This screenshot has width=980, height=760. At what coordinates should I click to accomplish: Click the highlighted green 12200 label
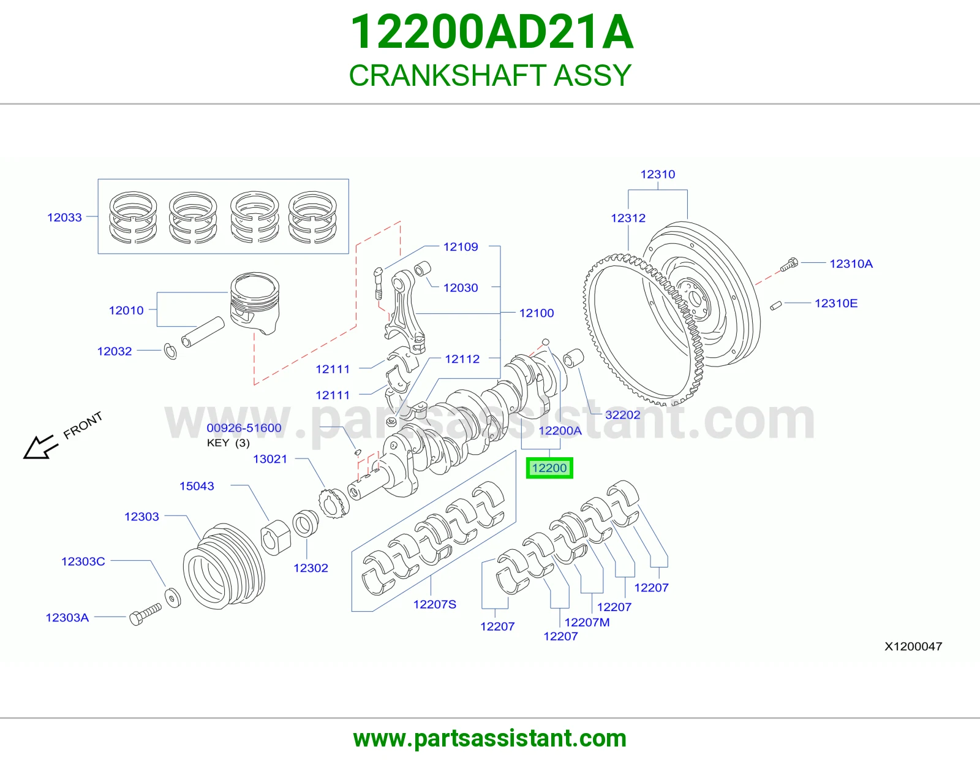coord(549,468)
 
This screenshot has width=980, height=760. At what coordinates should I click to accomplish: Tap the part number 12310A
coord(851,264)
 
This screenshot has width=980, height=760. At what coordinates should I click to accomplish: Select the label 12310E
coord(835,303)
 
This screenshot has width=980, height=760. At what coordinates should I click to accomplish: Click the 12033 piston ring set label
coord(64,218)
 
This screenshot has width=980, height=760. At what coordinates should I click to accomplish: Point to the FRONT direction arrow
coord(40,447)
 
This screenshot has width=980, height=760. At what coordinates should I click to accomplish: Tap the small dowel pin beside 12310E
coord(775,306)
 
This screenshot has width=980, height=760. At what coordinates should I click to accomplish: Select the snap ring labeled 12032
coord(170,351)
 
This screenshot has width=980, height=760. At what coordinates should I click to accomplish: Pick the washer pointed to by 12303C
coord(173,598)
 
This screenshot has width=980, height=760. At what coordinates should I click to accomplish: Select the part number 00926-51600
coord(244,428)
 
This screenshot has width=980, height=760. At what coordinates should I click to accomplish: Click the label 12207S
coord(435,604)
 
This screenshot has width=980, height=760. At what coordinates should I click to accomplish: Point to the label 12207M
coord(587,622)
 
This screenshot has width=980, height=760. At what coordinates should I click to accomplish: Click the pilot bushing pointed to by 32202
coord(574,358)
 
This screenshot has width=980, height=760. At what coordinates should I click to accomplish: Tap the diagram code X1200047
coord(913,646)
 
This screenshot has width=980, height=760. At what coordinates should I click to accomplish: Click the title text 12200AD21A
coord(492,32)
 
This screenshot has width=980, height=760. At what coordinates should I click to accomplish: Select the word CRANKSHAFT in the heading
coord(447,75)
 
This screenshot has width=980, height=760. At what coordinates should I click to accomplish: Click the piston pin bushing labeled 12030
coord(422,268)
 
